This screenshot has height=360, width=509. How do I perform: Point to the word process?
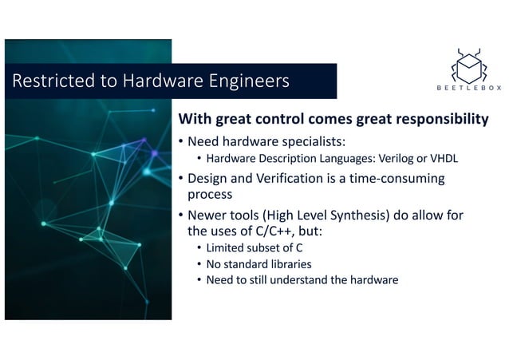210,194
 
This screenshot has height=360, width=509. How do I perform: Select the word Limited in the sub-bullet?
226,248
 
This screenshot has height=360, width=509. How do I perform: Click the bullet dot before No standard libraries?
199,264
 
